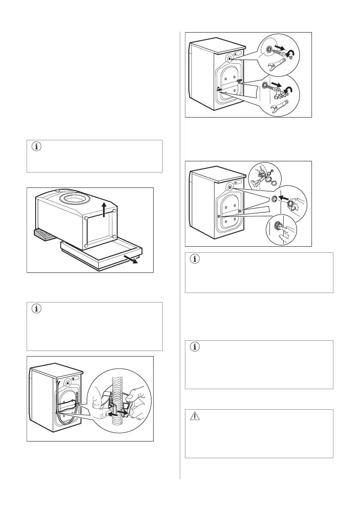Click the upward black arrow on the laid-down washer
click(104, 208)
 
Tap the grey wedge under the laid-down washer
click(45, 236)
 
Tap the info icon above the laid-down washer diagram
click(36, 147)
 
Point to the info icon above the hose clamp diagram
click(36, 309)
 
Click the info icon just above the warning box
click(195, 348)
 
